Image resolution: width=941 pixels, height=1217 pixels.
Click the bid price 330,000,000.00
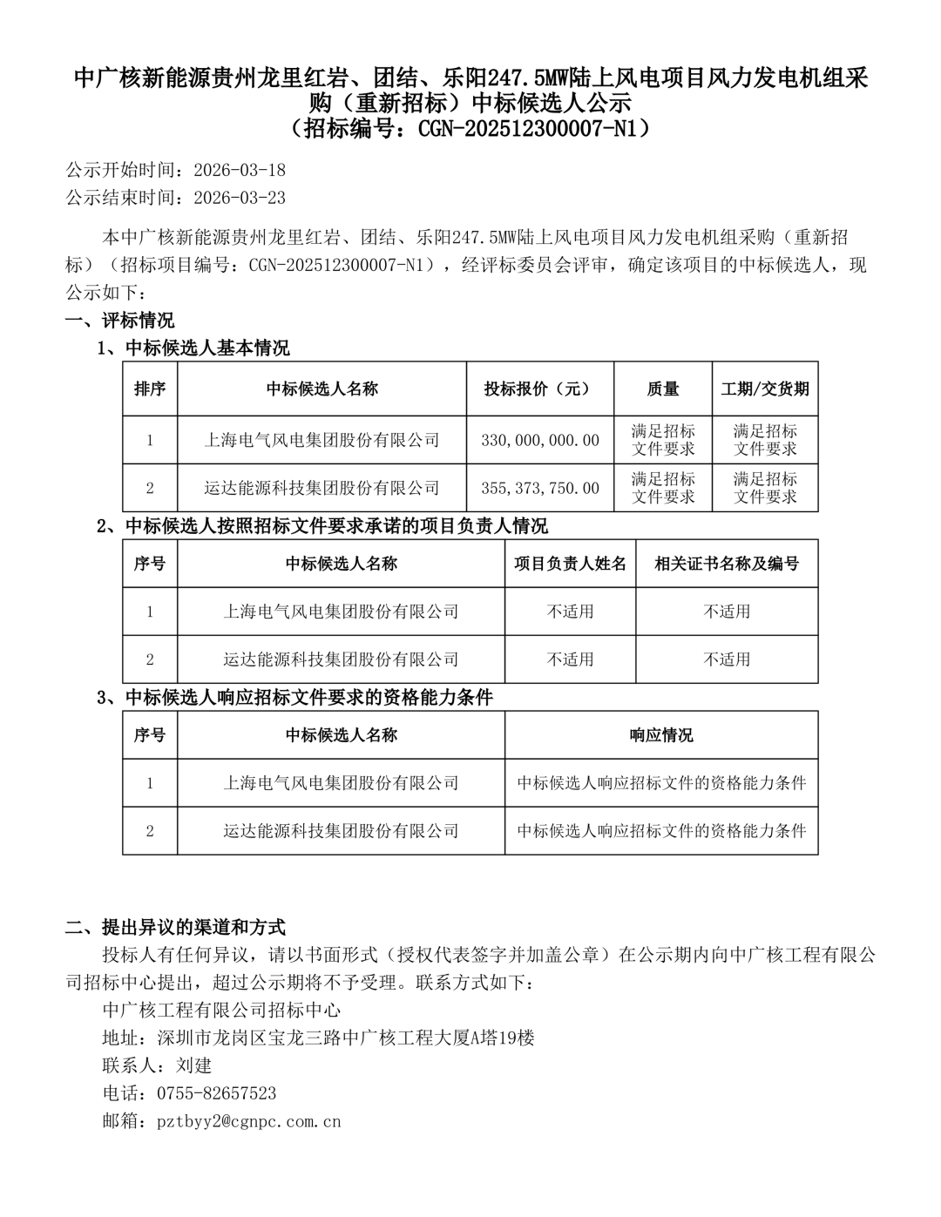[540, 440]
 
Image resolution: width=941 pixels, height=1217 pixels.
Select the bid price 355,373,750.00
[540, 488]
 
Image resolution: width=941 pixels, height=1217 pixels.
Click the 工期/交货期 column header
[765, 389]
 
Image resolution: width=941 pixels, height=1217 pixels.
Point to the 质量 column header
[663, 389]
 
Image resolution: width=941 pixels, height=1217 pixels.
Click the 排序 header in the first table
[150, 389]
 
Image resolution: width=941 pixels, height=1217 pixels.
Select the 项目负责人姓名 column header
[570, 564]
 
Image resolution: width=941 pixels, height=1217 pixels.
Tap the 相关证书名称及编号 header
[727, 564]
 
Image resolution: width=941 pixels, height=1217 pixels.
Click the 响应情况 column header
[661, 735]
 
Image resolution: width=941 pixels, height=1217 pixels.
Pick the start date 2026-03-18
[239, 169]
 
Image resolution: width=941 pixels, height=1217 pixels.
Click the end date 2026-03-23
[239, 197]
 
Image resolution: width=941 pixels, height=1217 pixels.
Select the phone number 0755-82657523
[216, 1093]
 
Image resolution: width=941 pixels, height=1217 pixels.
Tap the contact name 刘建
[193, 1065]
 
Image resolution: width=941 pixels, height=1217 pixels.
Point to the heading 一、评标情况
[120, 320]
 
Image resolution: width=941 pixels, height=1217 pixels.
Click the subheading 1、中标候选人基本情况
[193, 348]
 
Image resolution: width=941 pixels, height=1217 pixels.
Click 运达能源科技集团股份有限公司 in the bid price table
[322, 488]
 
